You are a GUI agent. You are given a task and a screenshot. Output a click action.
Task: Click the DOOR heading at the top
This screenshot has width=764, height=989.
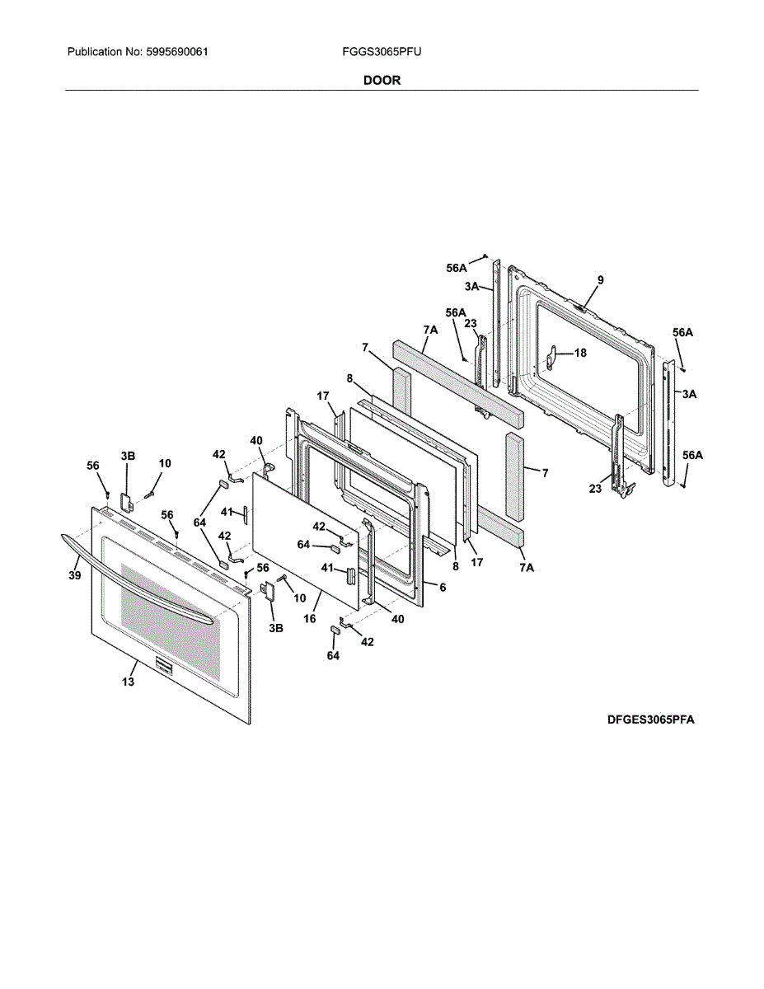pyautogui.click(x=382, y=80)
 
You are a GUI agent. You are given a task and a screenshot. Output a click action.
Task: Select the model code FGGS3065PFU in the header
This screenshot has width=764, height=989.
pyautogui.click(x=382, y=52)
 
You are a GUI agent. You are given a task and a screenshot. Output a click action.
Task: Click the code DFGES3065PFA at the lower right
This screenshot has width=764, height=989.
pyautogui.click(x=651, y=719)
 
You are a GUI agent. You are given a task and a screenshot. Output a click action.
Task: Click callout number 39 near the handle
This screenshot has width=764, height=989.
pyautogui.click(x=74, y=575)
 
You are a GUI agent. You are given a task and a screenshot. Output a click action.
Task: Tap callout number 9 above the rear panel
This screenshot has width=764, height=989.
pyautogui.click(x=600, y=280)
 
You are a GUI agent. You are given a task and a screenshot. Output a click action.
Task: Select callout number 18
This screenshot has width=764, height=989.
pyautogui.click(x=580, y=353)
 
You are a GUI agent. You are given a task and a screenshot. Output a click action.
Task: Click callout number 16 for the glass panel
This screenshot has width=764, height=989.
pyautogui.click(x=310, y=616)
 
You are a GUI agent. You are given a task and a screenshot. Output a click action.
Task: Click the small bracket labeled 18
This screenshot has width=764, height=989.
pyautogui.click(x=554, y=358)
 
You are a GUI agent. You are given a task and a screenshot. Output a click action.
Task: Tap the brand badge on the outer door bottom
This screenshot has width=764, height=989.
pyautogui.click(x=162, y=667)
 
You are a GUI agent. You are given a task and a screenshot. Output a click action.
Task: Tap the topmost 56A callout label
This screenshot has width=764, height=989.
pyautogui.click(x=457, y=268)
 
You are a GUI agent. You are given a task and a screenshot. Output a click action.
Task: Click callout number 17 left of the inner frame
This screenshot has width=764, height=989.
pyautogui.click(x=323, y=396)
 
